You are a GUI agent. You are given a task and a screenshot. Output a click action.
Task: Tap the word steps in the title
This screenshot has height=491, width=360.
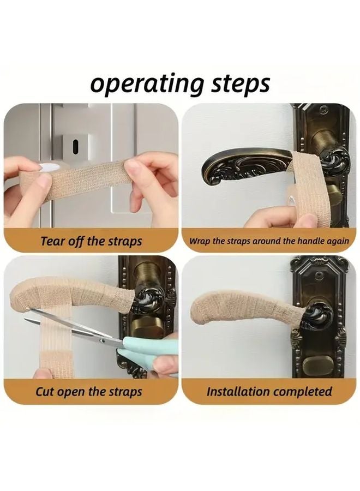coord(238,85)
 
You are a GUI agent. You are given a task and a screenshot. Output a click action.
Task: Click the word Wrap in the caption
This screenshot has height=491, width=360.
coord(199,241)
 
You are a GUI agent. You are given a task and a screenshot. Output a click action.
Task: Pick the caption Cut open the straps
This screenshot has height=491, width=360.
coord(88,392)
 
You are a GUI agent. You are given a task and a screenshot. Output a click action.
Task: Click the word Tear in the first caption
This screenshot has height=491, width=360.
coord(53,241)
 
